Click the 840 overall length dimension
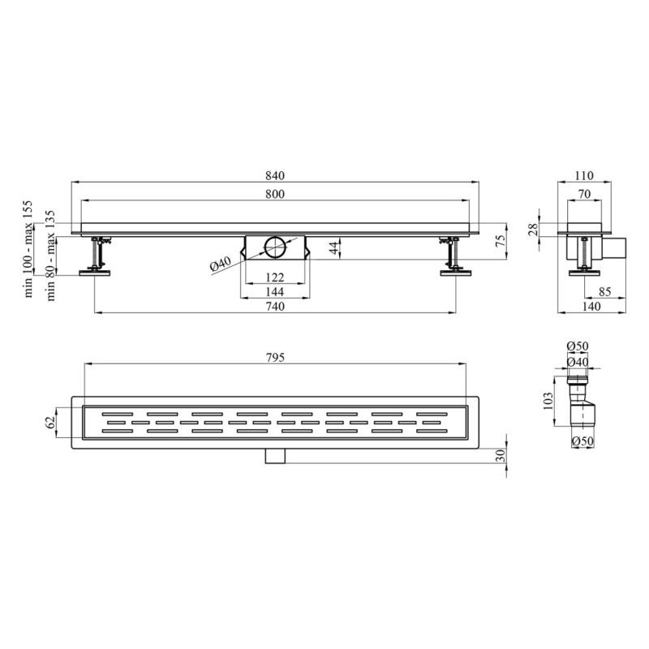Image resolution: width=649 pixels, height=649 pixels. point(275,176)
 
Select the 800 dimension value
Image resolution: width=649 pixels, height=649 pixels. point(275,194)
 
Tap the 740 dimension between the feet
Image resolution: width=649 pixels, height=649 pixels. point(275,307)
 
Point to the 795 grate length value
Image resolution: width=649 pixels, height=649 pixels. point(275,357)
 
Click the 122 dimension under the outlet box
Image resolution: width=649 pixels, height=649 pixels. point(275,277)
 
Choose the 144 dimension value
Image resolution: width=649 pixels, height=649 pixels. point(275,292)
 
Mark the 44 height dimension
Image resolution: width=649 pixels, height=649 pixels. point(334,248)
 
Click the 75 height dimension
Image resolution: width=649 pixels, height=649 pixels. point(501,240)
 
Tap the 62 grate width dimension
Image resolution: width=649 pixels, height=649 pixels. point(50,422)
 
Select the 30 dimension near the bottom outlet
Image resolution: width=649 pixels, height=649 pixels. point(501,456)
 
